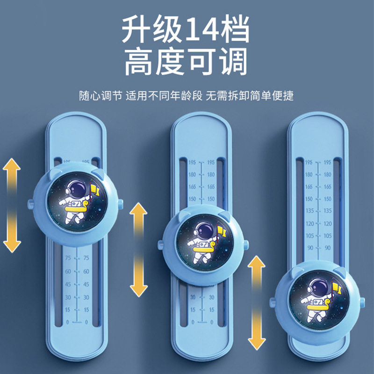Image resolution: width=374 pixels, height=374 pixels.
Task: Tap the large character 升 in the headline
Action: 140,32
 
